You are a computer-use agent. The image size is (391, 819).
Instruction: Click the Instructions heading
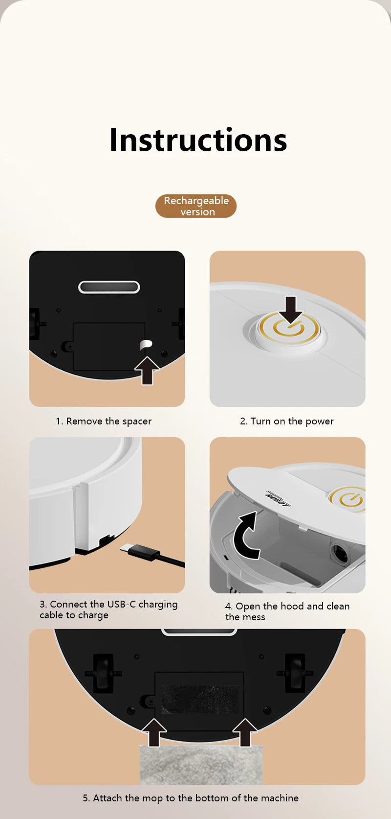(198, 140)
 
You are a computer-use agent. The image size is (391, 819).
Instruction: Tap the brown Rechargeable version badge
(196, 206)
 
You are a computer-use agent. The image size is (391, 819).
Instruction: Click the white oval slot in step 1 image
(109, 287)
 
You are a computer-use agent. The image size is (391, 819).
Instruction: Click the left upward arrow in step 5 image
(154, 732)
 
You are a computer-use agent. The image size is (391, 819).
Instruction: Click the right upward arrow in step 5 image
(245, 732)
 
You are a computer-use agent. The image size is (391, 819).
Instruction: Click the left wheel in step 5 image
(103, 674)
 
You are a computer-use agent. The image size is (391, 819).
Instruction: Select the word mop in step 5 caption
(152, 798)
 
